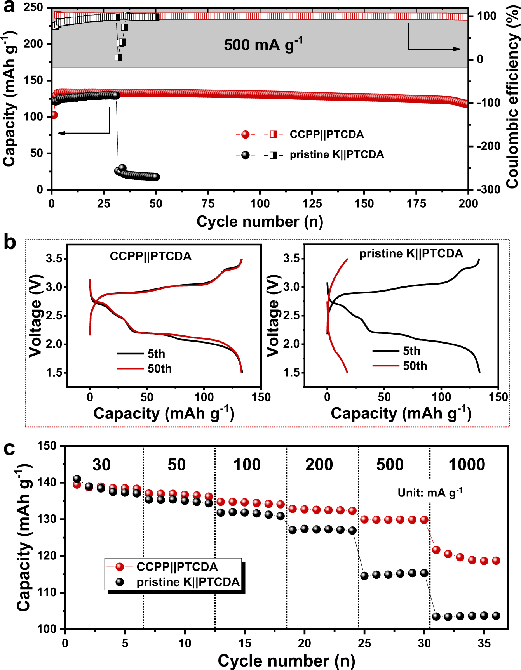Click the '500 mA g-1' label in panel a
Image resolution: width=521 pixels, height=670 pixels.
263,45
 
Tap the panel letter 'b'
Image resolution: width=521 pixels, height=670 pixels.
10,243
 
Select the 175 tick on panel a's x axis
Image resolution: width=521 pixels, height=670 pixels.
416,203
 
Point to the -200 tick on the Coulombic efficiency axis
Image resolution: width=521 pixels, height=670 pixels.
489,146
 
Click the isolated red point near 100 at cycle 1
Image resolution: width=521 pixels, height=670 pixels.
54,115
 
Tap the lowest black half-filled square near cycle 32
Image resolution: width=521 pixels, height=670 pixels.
118,57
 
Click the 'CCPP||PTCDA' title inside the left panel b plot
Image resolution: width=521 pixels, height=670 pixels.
150,256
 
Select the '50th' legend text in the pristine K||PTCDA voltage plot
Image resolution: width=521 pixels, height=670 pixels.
415,366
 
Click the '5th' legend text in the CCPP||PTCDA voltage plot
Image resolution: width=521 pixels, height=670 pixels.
156,354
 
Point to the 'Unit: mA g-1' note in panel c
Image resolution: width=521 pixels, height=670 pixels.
430,493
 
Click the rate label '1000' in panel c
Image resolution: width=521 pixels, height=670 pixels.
466,465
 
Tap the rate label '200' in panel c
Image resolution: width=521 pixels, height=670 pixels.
319,465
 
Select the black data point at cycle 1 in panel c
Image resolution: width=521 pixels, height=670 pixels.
77,479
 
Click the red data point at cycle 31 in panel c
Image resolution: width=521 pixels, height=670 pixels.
436,550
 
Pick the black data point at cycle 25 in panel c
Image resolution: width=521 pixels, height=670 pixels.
364,576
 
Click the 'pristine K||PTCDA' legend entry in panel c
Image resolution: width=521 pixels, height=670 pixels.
188,582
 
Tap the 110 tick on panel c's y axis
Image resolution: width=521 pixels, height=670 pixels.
47,592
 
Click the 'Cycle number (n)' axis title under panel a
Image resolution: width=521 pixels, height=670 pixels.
260,222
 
